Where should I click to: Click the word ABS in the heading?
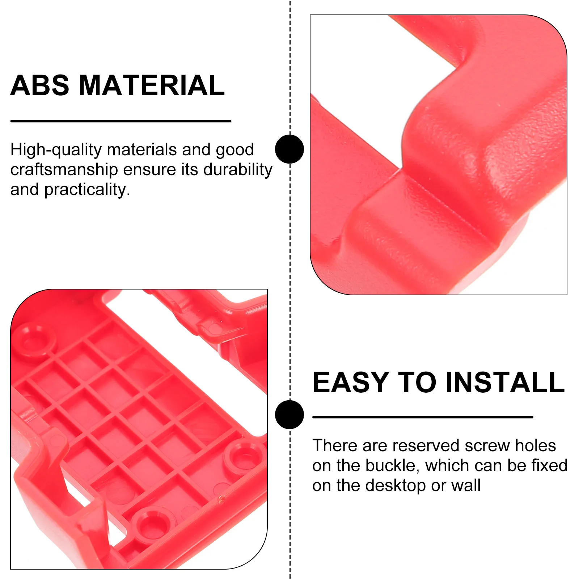tap(39, 86)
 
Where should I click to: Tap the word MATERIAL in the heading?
tap(152, 86)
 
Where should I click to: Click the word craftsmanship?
tap(64, 170)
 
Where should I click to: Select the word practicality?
tap(87, 190)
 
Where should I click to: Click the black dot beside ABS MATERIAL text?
tap(289, 149)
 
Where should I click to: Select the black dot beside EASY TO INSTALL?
tap(289, 415)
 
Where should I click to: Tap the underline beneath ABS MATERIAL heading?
tap(121, 121)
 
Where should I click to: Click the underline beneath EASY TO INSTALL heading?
tap(423, 417)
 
